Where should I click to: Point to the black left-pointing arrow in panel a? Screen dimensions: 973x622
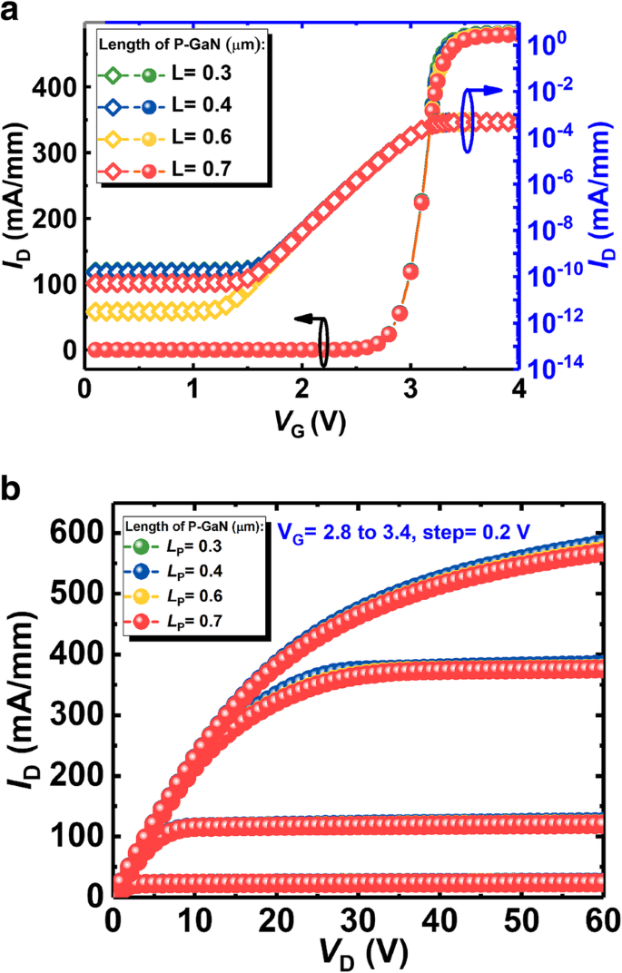[x=307, y=319]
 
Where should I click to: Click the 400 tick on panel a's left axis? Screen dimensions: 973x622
[x=57, y=87]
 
